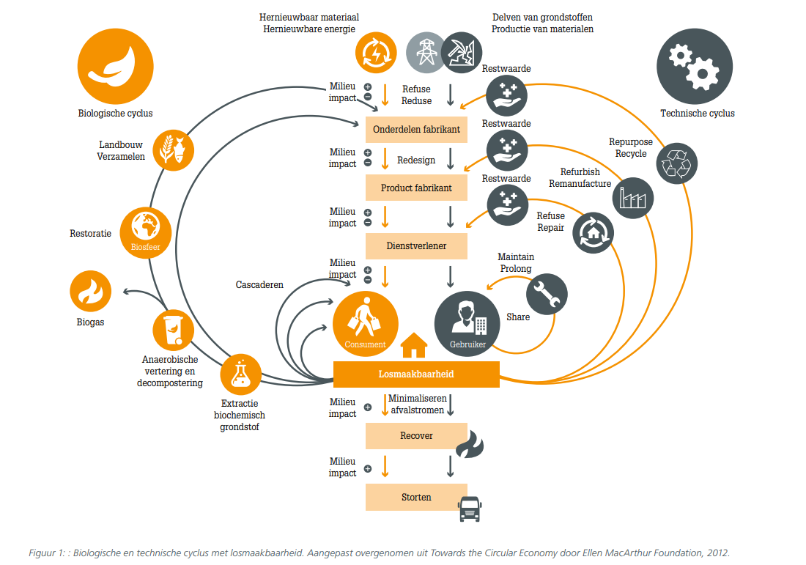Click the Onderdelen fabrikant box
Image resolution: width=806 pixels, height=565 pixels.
(x=416, y=130)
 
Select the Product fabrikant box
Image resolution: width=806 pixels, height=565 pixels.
(x=416, y=188)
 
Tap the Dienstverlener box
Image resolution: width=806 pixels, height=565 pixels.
(x=416, y=245)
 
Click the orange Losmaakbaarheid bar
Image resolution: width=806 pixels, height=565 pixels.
(x=416, y=374)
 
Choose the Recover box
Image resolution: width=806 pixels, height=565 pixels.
(x=416, y=436)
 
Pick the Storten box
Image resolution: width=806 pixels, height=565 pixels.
(x=416, y=497)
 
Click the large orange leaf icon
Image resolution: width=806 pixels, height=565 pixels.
(x=116, y=66)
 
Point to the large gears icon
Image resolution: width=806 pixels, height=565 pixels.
(x=695, y=66)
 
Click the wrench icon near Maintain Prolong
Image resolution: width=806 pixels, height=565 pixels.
(x=547, y=294)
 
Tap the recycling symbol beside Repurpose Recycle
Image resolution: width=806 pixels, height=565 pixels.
(x=677, y=163)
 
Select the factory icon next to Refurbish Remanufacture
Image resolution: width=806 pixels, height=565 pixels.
(x=633, y=198)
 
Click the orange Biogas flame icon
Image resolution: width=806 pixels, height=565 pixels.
(x=90, y=291)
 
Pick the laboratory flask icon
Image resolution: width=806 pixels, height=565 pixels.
(x=240, y=374)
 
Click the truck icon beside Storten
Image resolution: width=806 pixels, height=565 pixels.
(x=470, y=509)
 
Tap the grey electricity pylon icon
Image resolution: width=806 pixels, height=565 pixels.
(x=426, y=53)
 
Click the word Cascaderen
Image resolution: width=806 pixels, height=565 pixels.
(x=259, y=285)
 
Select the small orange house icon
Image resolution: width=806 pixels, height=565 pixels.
(x=414, y=345)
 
